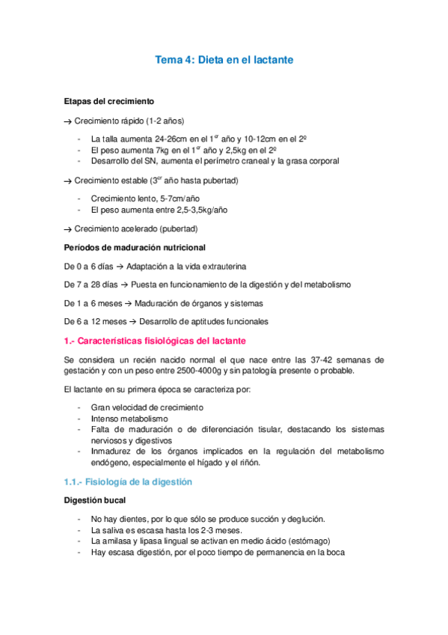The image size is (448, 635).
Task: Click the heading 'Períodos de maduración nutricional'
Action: tap(135, 247)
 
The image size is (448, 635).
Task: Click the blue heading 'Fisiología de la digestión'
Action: tap(139, 482)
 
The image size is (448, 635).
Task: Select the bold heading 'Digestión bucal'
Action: tap(95, 500)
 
